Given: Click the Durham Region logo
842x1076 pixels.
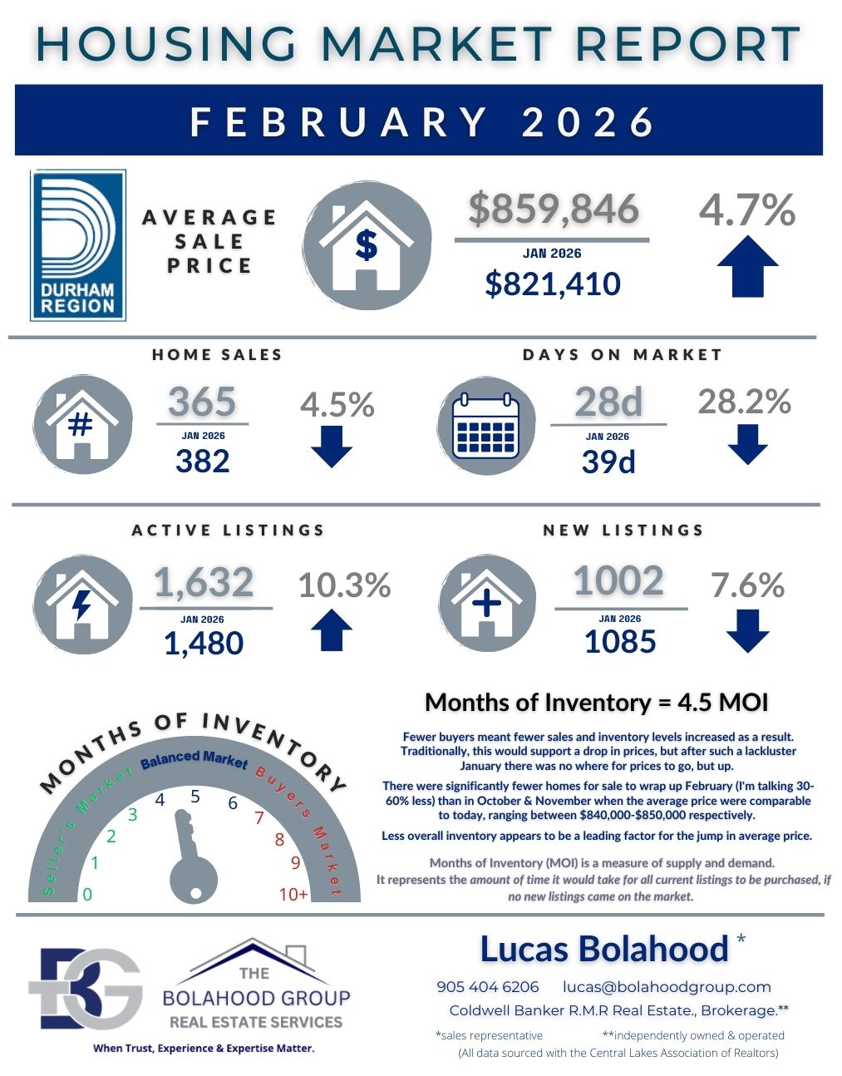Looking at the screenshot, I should click(x=78, y=245).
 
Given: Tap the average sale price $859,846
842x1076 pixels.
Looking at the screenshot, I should click(x=553, y=209).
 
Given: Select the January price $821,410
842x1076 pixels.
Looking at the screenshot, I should click(x=553, y=284).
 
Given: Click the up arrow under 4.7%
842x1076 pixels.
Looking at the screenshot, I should click(x=747, y=266).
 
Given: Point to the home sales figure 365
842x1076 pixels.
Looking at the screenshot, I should click(x=202, y=402).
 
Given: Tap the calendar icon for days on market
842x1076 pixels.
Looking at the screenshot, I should click(x=485, y=427).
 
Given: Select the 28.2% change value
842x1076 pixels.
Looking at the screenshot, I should click(x=744, y=402).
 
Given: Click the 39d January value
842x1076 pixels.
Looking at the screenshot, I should click(x=608, y=461).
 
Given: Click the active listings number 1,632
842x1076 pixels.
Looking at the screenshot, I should click(x=204, y=582).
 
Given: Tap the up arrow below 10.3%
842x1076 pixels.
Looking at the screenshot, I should click(x=331, y=629).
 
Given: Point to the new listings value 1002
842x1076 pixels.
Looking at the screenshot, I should click(x=618, y=580).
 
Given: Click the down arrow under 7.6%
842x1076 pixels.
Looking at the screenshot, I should click(x=747, y=630).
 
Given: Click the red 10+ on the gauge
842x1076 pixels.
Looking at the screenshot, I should click(x=293, y=894).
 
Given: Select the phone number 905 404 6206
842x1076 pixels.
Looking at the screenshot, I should click(x=487, y=987).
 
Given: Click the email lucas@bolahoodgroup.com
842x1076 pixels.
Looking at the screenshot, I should click(x=667, y=987).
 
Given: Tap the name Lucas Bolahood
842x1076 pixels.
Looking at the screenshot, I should click(x=604, y=949).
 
